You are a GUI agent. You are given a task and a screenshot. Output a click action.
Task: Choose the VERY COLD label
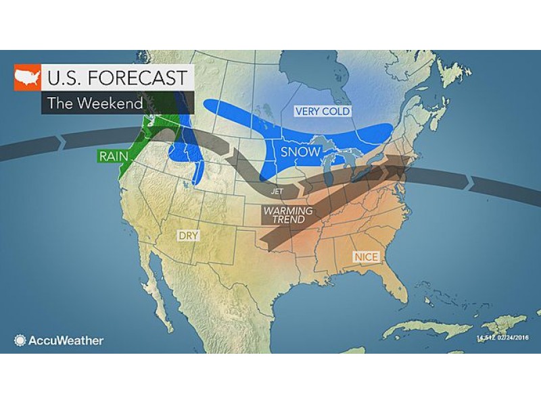(322, 111)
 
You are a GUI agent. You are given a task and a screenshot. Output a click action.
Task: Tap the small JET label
(277, 192)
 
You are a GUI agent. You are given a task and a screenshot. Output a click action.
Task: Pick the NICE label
(365, 257)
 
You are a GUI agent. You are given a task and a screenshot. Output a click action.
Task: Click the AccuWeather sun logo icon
(20, 340)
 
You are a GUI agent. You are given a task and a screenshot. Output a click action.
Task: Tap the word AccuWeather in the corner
(66, 340)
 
